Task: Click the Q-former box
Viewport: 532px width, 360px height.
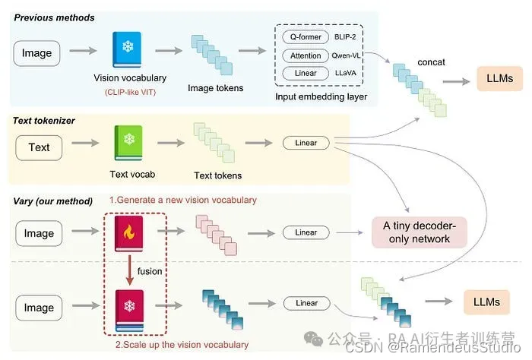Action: click(306, 37)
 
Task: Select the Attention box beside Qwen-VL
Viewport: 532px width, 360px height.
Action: click(306, 55)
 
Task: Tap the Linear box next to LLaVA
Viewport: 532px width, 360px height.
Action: click(306, 74)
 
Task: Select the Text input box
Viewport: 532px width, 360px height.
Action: click(39, 147)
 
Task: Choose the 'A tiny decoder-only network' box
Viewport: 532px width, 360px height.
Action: click(420, 231)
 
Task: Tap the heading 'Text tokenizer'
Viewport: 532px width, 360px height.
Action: click(44, 120)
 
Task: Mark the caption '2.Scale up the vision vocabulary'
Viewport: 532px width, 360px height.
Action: click(182, 344)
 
